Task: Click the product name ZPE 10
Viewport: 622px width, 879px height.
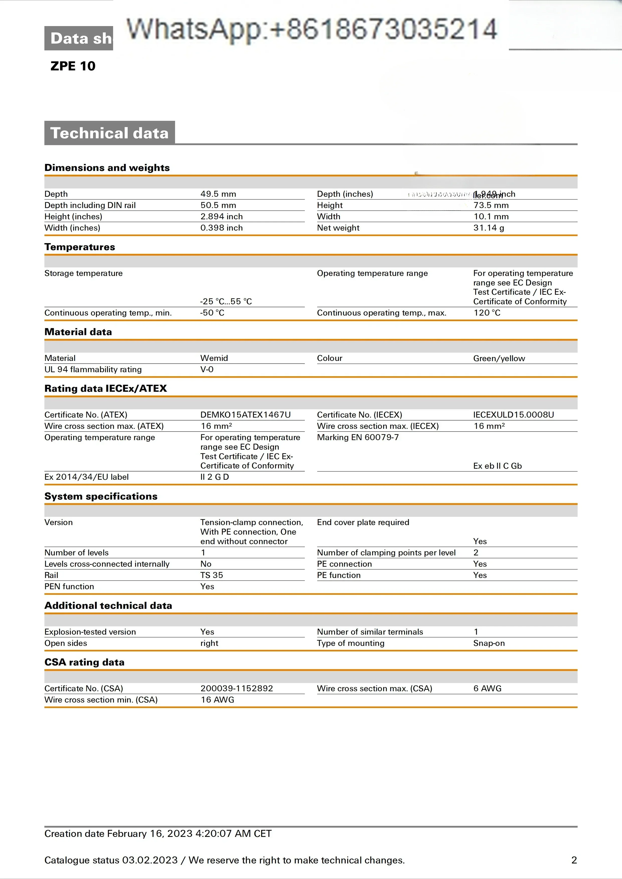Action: (73, 66)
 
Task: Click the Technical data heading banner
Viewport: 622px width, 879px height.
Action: (110, 133)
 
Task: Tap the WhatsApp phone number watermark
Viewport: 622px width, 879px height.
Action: (312, 30)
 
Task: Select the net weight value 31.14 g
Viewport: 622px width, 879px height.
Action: (489, 228)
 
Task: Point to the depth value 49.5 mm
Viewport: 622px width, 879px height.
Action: (218, 194)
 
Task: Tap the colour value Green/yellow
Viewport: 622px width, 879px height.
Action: (499, 358)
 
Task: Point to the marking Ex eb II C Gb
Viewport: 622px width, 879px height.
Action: (497, 466)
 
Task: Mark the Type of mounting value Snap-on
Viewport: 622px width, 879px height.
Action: (489, 643)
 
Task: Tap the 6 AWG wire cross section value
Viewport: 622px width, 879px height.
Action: (487, 688)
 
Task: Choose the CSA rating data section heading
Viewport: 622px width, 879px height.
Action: (84, 662)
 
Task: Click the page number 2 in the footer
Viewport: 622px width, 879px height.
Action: (574, 860)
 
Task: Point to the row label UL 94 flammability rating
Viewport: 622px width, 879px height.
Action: (93, 369)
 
